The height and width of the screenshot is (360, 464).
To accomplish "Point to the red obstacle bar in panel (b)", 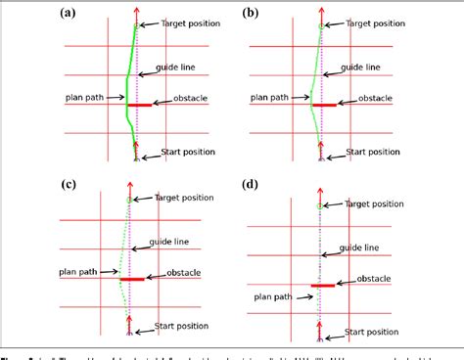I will coord(321,104).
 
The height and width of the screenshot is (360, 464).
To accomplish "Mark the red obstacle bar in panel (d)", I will coord(322,286).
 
